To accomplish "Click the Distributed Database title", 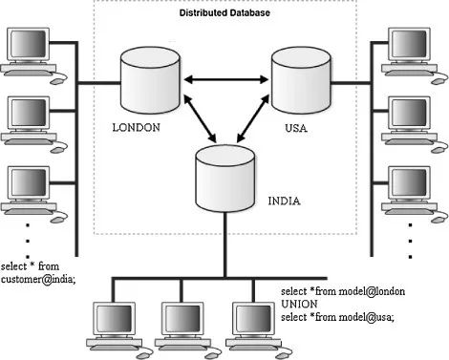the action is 224,12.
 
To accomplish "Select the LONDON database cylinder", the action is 150,80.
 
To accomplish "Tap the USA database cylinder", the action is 301,80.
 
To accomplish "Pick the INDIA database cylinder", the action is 224,179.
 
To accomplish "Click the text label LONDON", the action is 137,128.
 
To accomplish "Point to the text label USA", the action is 296,128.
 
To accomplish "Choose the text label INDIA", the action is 284,201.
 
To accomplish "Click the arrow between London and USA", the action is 225,79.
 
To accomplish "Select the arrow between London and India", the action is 200,118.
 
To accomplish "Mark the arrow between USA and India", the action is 253,118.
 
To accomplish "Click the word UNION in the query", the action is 299,304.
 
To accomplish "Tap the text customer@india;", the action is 38,280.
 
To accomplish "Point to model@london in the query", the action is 372,291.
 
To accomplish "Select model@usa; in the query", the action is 366,317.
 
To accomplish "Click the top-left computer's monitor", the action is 29,45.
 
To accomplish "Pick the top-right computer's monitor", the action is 409,45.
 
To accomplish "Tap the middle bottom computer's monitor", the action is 182,319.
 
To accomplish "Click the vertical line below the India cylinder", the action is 225,244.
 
